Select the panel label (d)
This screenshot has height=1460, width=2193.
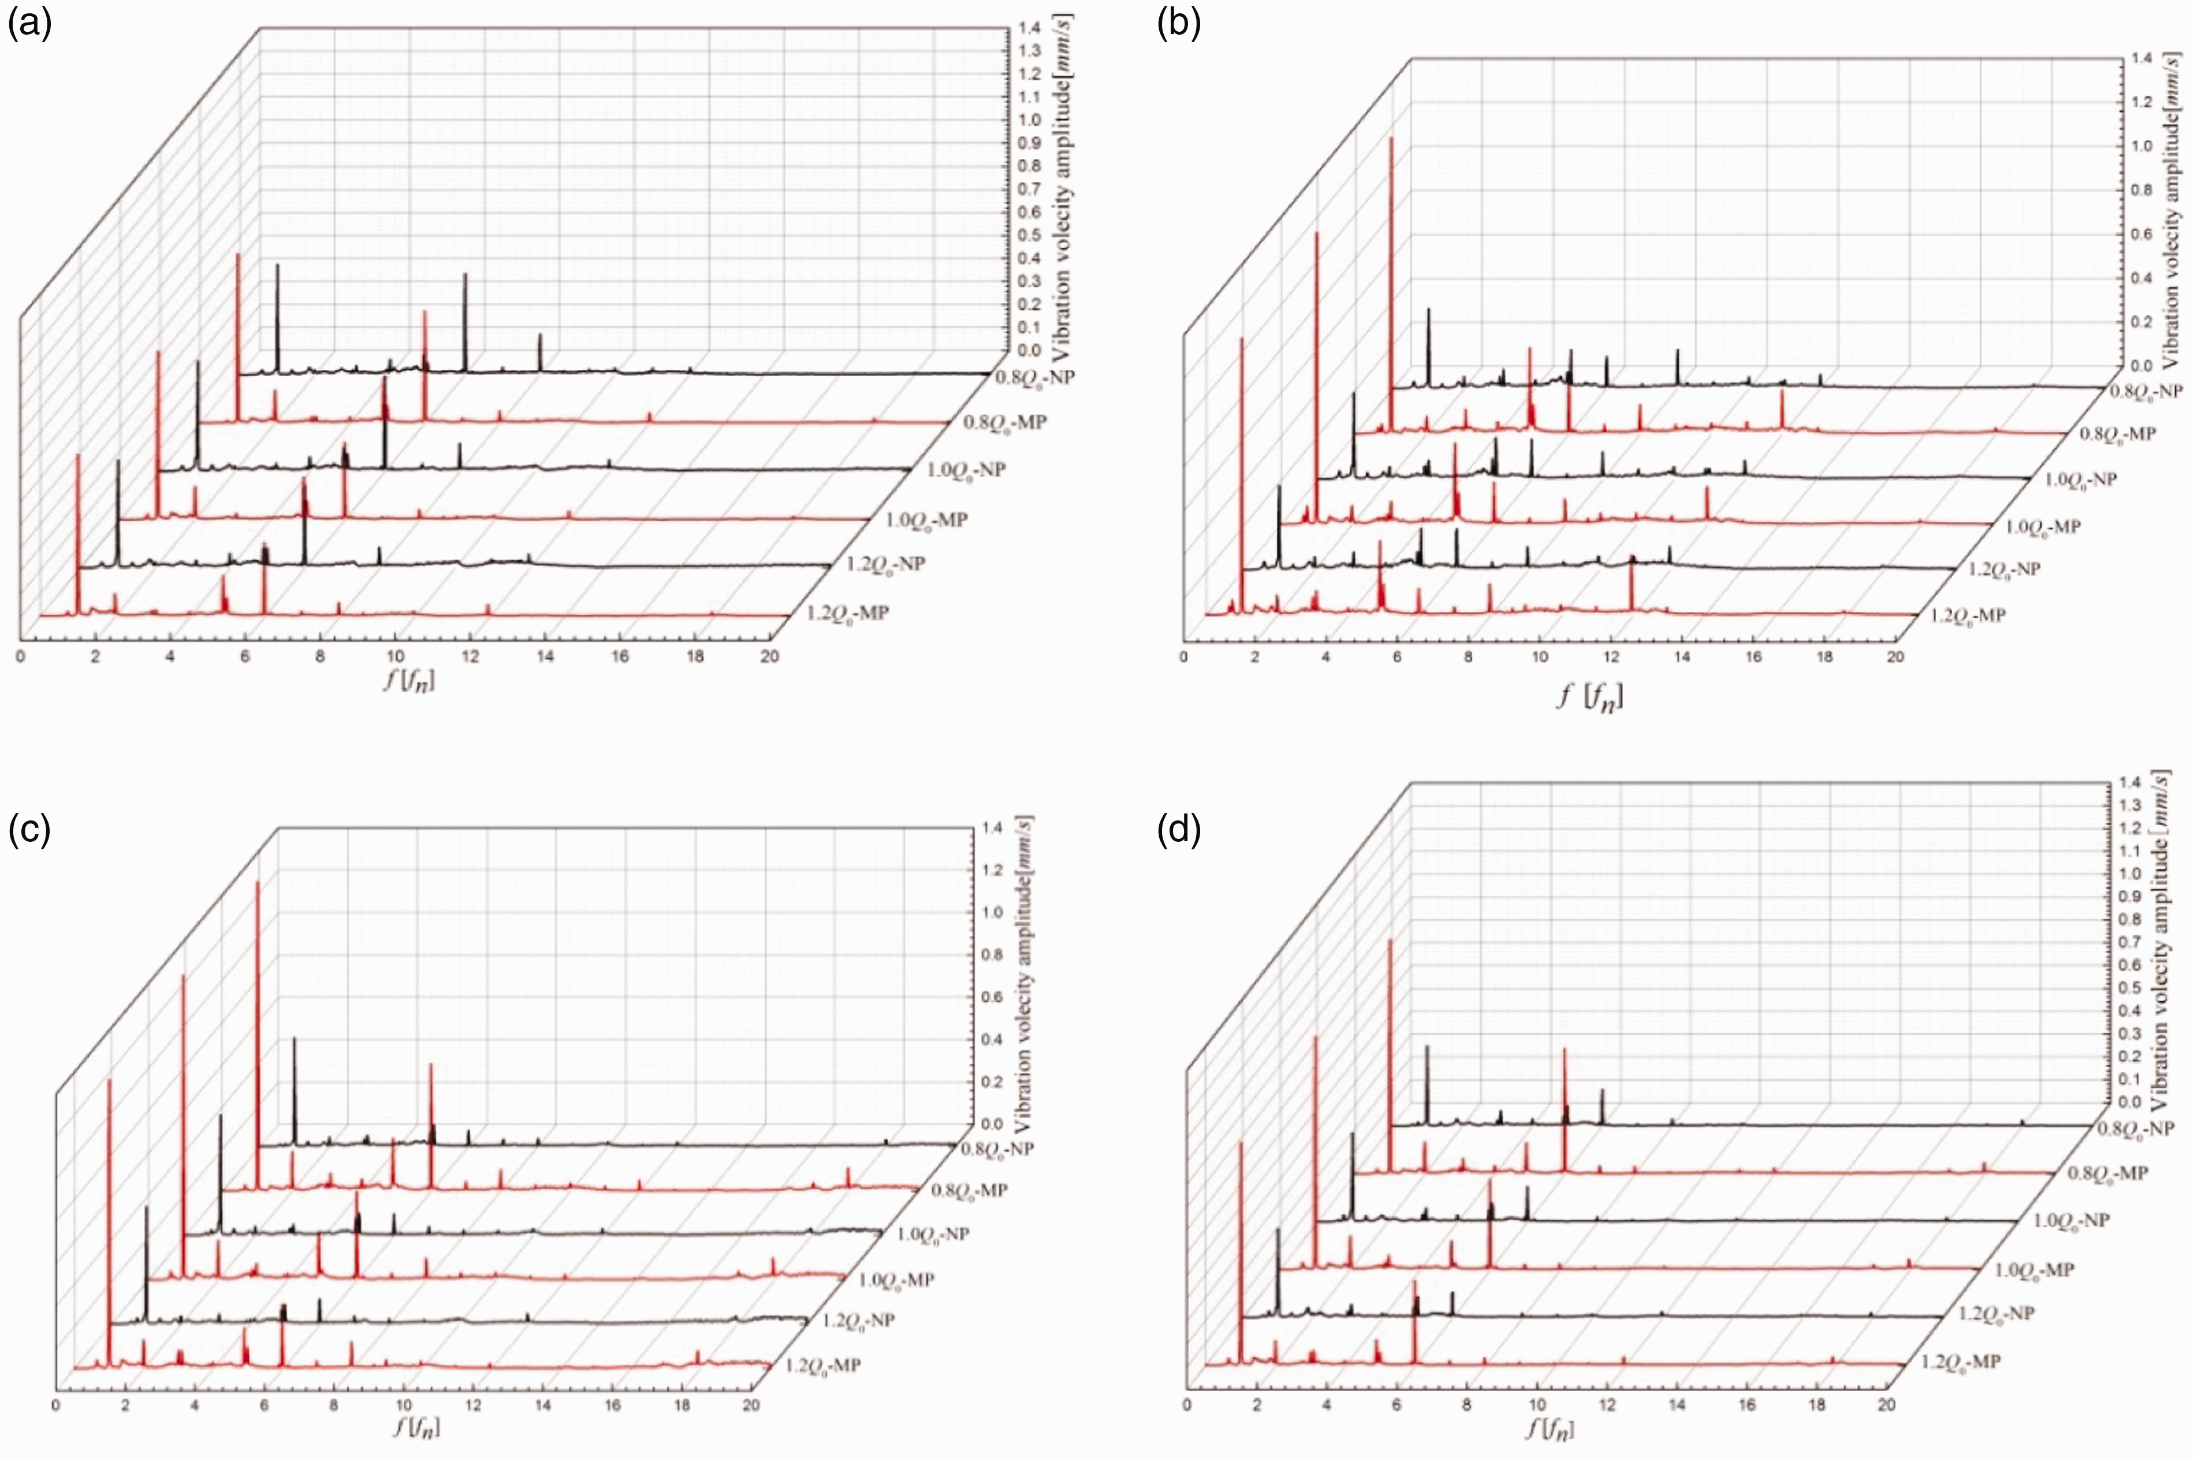(x=1178, y=828)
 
